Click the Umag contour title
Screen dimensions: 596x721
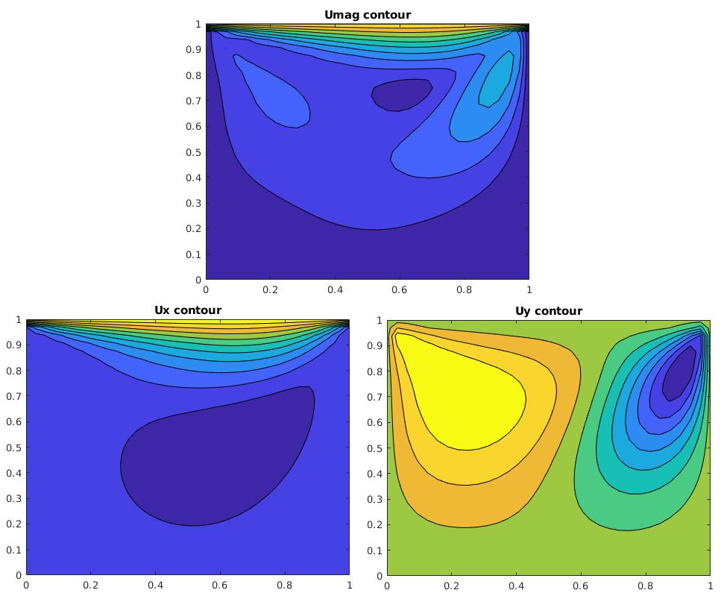pyautogui.click(x=368, y=15)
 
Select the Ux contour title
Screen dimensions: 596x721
pyautogui.click(x=187, y=310)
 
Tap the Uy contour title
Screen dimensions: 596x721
pyautogui.click(x=548, y=310)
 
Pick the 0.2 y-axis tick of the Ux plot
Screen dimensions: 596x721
pyautogui.click(x=16, y=524)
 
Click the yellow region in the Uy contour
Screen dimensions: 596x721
pyautogui.click(x=462, y=395)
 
